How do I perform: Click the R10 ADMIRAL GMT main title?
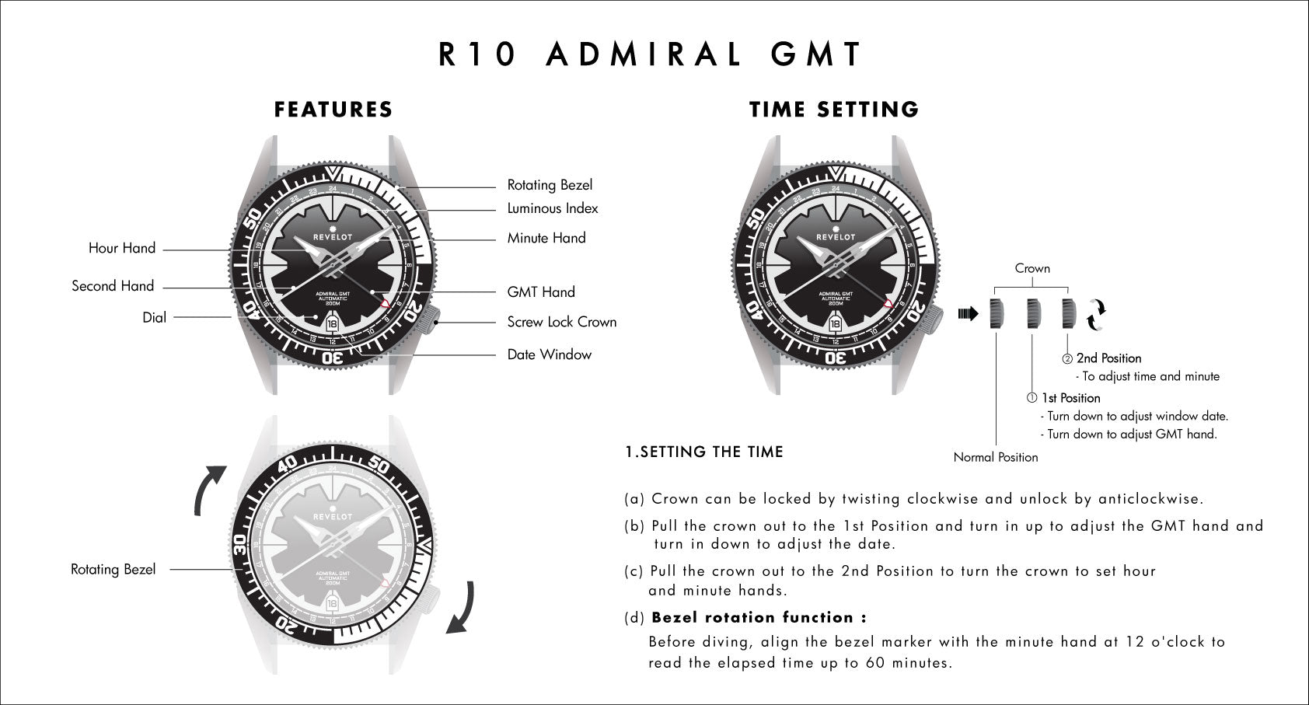point(650,54)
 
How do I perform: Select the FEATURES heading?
point(333,110)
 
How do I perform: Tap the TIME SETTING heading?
point(834,110)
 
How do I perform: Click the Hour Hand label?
point(121,248)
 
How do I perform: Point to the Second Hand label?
point(113,286)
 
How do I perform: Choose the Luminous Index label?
point(552,208)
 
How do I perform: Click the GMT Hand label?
point(540,291)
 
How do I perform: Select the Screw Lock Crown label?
point(561,322)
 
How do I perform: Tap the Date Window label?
point(550,354)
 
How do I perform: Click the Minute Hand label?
point(546,238)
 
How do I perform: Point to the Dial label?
point(154,317)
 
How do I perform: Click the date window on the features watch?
point(332,324)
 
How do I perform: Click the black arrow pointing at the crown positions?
point(969,314)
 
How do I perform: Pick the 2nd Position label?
point(1108,358)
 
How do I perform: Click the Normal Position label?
point(996,457)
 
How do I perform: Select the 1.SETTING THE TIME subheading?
point(704,452)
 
